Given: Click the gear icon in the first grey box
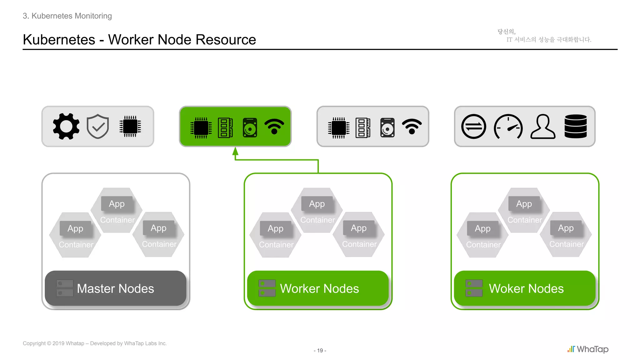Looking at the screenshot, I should coord(66,126).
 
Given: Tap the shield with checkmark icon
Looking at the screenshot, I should coord(98,126).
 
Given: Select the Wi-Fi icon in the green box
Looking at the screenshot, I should coord(274,127).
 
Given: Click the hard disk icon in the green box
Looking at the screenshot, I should coord(250,127).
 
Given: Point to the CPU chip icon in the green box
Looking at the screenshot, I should coord(201,128).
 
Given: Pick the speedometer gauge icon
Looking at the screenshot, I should coord(508,127).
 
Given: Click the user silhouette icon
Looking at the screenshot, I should coord(543,127).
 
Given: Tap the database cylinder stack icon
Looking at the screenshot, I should coord(576,126).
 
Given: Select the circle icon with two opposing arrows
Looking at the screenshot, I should coord(474,127).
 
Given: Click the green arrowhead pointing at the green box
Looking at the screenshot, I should coord(235,152).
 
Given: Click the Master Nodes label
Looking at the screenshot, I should coord(115,288).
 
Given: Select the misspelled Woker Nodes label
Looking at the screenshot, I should coord(526,288).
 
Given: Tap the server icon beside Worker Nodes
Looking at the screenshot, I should coord(267,288).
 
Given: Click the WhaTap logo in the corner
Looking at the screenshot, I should coord(588,349).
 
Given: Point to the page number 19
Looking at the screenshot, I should coord(320,351).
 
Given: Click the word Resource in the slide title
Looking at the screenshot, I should coord(226,40).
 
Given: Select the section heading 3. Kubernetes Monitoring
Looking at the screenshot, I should coord(67,16).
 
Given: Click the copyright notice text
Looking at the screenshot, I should coord(95,343).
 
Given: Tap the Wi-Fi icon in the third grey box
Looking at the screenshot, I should coord(412,127).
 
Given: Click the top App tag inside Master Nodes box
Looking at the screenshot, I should coord(117,204).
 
